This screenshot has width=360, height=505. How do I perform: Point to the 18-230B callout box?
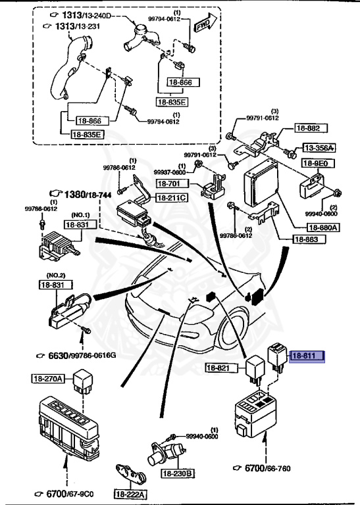click(x=178, y=473)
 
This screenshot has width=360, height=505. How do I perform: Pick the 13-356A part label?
click(x=319, y=148)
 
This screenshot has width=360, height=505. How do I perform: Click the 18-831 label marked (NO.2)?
click(x=52, y=285)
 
